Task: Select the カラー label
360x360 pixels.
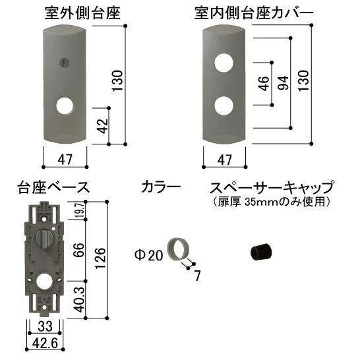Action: coord(161,187)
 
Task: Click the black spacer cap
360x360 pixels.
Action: coord(261,252)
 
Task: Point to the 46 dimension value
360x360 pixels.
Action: coord(264,84)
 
